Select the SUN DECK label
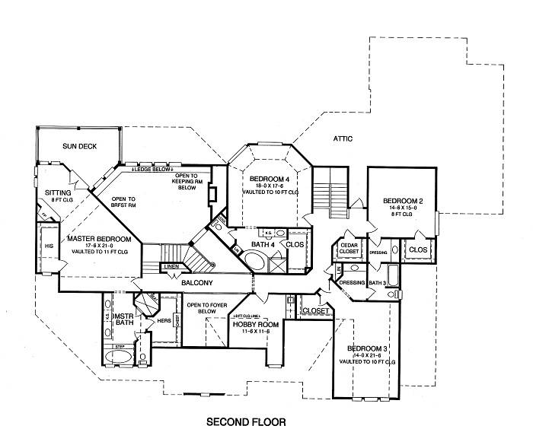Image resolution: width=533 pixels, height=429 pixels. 79,147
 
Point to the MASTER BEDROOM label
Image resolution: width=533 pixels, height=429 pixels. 98,239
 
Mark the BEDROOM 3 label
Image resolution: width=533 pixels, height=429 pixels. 369,349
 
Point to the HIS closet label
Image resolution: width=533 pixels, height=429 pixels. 47,247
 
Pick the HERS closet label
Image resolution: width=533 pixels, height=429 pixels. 162,320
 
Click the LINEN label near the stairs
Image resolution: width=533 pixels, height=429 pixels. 172,266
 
